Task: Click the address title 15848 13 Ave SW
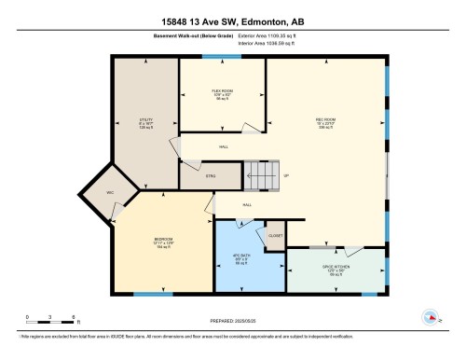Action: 232,21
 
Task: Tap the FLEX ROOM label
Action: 221,90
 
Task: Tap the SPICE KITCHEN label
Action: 336,268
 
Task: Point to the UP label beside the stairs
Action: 286,173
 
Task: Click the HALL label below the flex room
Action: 224,147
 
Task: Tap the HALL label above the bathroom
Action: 247,205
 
